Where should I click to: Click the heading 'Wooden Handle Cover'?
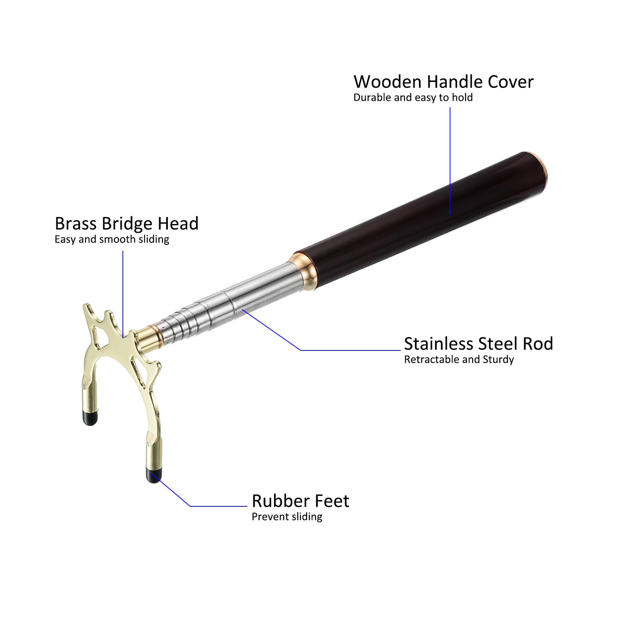pyautogui.click(x=443, y=82)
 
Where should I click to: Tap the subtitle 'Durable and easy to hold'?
pyautogui.click(x=413, y=98)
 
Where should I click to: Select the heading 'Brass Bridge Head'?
pyautogui.click(x=126, y=224)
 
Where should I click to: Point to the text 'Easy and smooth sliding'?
pyautogui.click(x=112, y=239)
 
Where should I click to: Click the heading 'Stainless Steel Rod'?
pyautogui.click(x=478, y=344)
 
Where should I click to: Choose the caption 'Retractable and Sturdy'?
pyautogui.click(x=459, y=359)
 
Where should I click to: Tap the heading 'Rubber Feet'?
pyautogui.click(x=300, y=501)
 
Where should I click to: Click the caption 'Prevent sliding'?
pyautogui.click(x=287, y=517)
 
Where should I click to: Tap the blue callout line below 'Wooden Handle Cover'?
pyautogui.click(x=450, y=161)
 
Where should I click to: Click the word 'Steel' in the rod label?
pyautogui.click(x=496, y=344)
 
